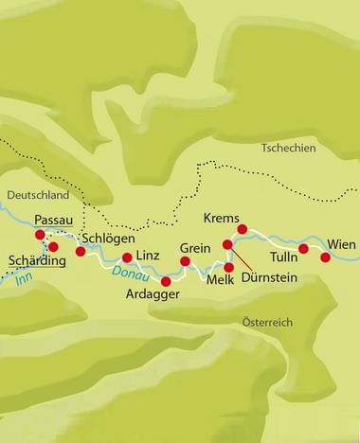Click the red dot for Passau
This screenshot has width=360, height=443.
coord(40,235)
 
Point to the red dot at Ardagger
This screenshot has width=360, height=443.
coord(166,281)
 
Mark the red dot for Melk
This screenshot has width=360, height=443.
coord(228,268)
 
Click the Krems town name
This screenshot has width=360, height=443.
coord(220,216)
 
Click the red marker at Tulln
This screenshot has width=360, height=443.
coord(303,249)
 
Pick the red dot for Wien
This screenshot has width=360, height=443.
coord(326,257)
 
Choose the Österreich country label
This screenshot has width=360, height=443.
coord(267,323)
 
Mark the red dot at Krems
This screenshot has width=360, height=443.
coord(243,229)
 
